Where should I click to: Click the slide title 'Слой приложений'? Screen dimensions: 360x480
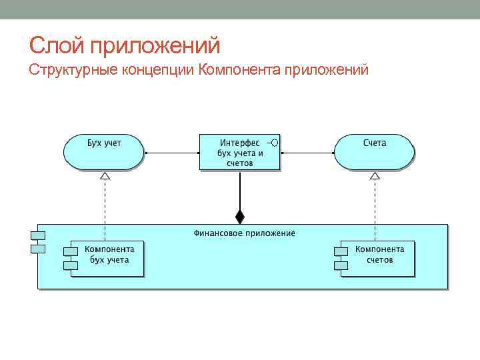[125, 46]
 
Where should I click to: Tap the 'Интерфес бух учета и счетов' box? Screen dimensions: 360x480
[239, 152]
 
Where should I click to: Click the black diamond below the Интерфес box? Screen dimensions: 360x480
[240, 216]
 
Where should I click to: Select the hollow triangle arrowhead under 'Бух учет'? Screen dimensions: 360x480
[104, 176]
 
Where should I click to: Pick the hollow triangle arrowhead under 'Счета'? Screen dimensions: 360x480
[375, 176]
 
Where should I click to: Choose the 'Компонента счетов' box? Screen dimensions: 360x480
[379, 257]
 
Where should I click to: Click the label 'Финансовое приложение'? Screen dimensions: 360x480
[244, 233]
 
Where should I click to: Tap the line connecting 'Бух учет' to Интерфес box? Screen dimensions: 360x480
[171, 153]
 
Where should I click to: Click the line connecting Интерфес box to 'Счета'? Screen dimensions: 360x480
[307, 153]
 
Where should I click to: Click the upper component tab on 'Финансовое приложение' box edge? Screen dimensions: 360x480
[37, 235]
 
